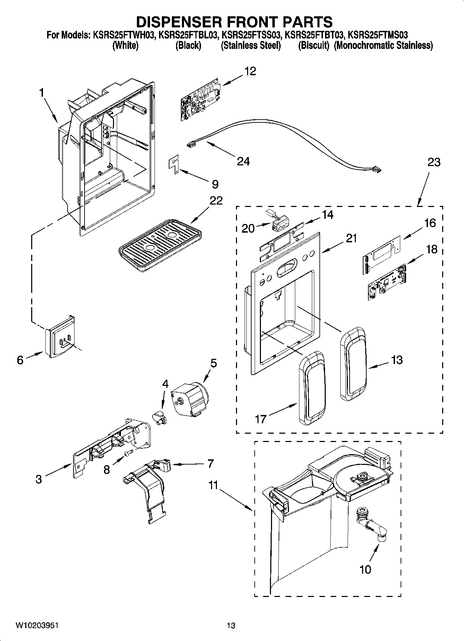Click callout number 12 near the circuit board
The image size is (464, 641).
(x=250, y=71)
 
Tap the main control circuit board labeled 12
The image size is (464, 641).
(x=201, y=99)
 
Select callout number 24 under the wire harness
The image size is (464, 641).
(x=243, y=161)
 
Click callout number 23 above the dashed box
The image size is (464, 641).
(x=434, y=162)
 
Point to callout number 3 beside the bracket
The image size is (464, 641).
(x=38, y=479)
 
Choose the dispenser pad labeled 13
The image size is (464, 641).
(x=353, y=364)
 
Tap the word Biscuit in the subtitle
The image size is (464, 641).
(x=314, y=45)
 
